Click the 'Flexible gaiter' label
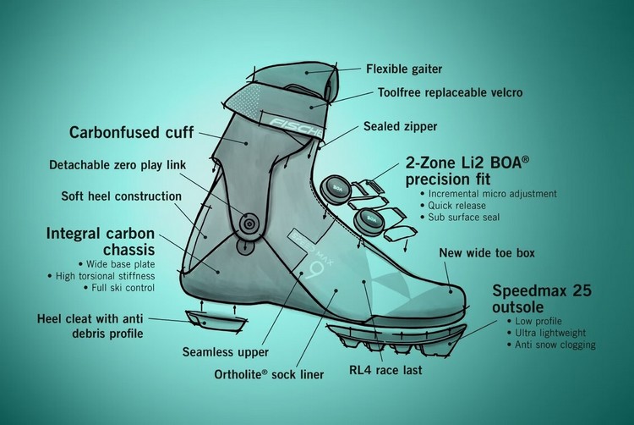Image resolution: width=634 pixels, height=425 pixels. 404,69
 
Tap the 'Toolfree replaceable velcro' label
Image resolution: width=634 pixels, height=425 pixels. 450,92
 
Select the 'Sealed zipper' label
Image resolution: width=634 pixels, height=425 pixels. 401,126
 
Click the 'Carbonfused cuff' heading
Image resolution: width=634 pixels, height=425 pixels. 131,132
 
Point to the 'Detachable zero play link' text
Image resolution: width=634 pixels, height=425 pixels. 118,165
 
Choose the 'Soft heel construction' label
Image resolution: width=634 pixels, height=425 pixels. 121,196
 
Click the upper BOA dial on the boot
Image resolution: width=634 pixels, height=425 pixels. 336,188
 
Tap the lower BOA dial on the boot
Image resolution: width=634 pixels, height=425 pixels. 369,219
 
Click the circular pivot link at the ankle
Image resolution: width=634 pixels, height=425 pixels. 249,223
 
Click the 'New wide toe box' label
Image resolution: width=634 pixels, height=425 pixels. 487,253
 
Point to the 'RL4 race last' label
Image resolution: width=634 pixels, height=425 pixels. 385,370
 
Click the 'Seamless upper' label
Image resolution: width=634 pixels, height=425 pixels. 225,351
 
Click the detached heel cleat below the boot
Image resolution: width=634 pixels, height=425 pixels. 216,320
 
